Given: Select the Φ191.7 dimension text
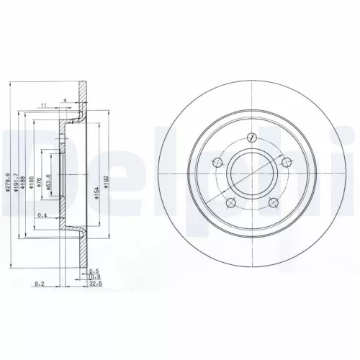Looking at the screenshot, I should [x=16, y=177].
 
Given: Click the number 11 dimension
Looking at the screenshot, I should [x=44, y=106].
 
